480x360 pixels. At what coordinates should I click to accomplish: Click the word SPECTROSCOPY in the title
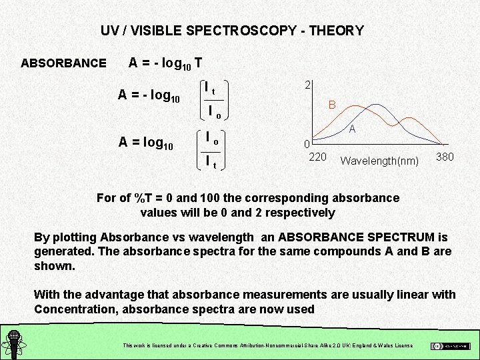pyautogui.click(x=243, y=31)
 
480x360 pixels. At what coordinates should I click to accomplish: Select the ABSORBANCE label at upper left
pyautogui.click(x=63, y=63)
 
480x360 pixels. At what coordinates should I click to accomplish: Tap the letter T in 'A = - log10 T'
pyautogui.click(x=198, y=63)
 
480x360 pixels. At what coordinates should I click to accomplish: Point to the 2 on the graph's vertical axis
pyautogui.click(x=307, y=85)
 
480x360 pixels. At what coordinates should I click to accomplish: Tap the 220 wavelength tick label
pyautogui.click(x=317, y=157)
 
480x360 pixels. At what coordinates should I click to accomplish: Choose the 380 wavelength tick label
pyautogui.click(x=445, y=157)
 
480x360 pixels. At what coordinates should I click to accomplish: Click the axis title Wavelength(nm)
pyautogui.click(x=379, y=161)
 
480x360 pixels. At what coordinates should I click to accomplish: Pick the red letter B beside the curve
pyautogui.click(x=331, y=105)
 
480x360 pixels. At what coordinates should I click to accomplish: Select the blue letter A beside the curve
pyautogui.click(x=352, y=129)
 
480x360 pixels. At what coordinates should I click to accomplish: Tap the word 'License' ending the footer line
pyautogui.click(x=403, y=345)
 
